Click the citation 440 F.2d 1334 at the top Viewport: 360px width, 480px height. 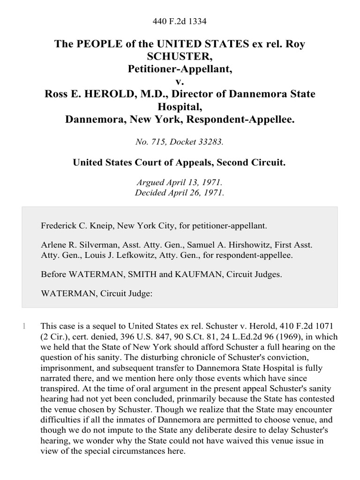pos(180,21)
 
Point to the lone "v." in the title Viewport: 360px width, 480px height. pos(180,82)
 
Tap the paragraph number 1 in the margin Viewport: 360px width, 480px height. pos(24,325)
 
